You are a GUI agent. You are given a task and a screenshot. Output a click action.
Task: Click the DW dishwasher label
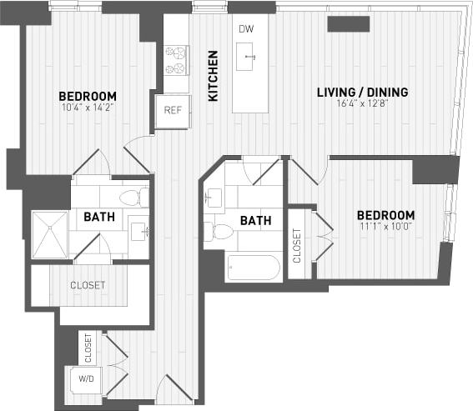coord(245,30)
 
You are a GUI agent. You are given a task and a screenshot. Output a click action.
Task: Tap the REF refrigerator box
coord(173,110)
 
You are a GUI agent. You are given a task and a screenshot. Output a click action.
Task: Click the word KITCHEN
coord(214,76)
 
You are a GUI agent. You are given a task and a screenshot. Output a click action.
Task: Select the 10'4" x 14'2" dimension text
coord(87,107)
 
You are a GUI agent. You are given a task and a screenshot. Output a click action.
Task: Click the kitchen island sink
coord(249,58)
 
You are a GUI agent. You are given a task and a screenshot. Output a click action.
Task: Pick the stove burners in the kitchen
coord(175,59)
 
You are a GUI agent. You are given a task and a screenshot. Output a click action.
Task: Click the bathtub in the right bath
coord(253,267)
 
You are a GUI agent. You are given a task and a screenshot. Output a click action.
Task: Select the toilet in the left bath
coord(132,198)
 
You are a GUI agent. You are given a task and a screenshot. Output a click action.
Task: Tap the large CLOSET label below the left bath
coord(88,285)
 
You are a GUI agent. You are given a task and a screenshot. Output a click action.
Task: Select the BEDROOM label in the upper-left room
coord(87,96)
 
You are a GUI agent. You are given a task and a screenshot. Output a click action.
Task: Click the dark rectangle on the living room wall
coord(348,24)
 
